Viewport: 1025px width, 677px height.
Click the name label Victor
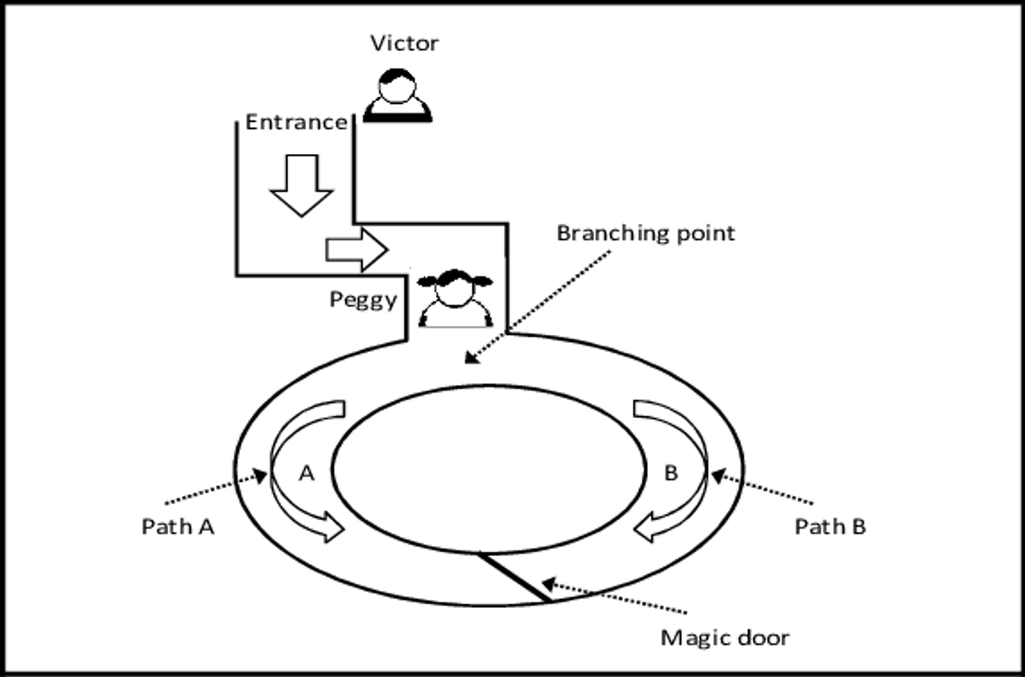point(404,43)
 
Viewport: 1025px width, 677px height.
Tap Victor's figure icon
point(397,95)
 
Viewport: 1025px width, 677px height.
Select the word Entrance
point(296,122)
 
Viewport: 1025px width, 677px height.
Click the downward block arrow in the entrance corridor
point(302,185)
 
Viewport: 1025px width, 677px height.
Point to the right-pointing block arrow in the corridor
point(357,250)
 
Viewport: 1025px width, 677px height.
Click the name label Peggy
point(363,300)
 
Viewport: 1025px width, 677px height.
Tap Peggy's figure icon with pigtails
point(455,298)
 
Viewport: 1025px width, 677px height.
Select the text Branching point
point(646,234)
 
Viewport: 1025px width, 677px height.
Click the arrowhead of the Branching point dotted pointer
point(472,358)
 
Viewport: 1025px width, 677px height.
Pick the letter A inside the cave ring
point(307,473)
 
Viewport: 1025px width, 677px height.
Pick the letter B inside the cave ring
point(671,473)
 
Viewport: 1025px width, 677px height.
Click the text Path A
point(178,527)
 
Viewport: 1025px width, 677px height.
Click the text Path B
point(830,527)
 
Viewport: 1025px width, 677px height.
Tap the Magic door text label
point(726,638)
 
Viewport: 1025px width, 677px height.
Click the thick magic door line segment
point(514,577)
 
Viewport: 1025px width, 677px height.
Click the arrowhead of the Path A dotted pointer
point(261,476)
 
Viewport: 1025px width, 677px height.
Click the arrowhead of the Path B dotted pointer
point(719,476)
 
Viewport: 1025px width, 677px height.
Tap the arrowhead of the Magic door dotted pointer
point(548,584)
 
